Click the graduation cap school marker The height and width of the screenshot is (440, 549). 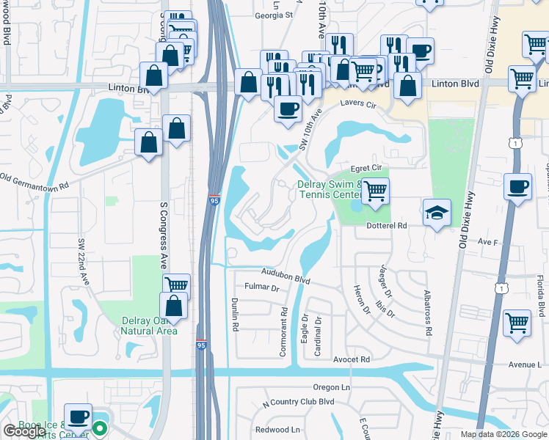437,212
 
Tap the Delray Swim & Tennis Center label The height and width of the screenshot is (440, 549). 330,190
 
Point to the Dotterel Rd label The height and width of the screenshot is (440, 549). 386,227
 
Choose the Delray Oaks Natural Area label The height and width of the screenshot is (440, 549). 150,326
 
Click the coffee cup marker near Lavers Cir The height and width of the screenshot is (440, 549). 288,109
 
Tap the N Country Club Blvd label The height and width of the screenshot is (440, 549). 298,402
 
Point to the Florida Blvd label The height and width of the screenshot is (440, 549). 539,298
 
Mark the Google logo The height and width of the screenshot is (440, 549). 23,432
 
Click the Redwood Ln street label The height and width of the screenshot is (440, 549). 277,430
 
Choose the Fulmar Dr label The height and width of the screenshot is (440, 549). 263,288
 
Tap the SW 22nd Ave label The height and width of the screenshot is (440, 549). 83,261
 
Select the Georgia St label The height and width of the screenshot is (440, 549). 274,15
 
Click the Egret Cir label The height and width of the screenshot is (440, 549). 368,168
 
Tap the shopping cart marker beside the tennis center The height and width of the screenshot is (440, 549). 375,191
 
